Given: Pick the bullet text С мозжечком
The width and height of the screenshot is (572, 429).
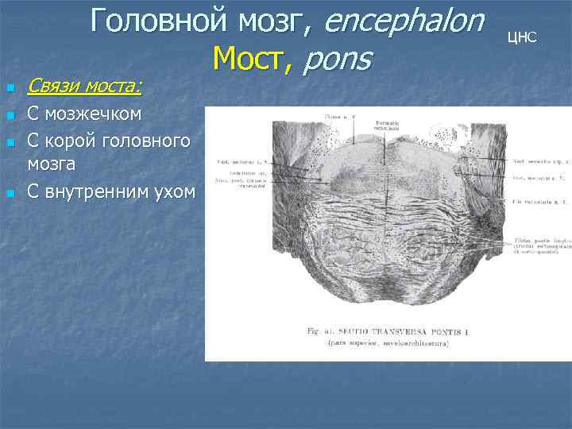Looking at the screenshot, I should pos(84,114).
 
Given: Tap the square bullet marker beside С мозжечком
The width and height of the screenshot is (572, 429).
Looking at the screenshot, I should pos(10,116).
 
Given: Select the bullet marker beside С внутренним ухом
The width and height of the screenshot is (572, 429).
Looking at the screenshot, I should pos(10,193).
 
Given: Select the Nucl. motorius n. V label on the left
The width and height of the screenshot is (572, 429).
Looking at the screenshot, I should pos(241,163).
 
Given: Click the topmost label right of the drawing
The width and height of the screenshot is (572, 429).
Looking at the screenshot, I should pos(539,162).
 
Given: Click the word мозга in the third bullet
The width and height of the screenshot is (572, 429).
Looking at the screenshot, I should pos(51,164).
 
